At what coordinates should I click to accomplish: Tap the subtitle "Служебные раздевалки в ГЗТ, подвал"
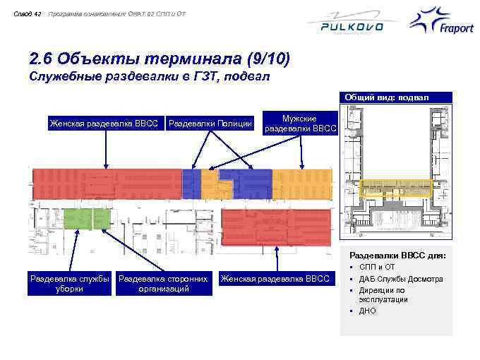(x=149, y=76)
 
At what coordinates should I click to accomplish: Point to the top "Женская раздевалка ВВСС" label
(x=105, y=124)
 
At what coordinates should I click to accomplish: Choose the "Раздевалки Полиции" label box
(x=210, y=124)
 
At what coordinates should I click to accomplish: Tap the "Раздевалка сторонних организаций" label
(x=162, y=283)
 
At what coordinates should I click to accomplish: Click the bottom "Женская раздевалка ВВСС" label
(x=276, y=279)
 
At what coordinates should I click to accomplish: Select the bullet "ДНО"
(x=368, y=311)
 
